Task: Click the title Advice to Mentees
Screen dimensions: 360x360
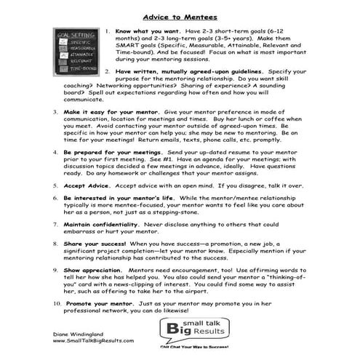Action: [x=180, y=16]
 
